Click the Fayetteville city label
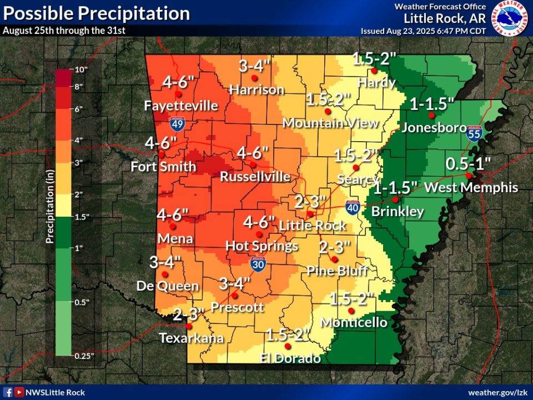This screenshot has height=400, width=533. [181, 106]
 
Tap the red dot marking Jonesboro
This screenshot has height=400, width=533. [431, 116]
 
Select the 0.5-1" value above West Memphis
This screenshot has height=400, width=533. [469, 164]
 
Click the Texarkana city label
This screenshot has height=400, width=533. [191, 338]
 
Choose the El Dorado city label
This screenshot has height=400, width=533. [290, 358]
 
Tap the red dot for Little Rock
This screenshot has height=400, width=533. [310, 214]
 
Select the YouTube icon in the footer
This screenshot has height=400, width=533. [19, 392]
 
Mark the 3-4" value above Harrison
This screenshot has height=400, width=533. [255, 66]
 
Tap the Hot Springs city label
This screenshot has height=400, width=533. [262, 246]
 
